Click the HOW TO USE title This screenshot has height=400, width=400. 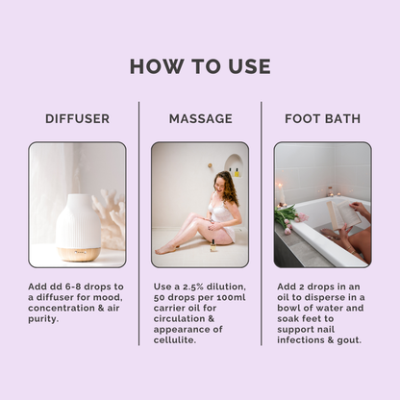(200, 66)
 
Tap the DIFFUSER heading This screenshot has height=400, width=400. (77, 118)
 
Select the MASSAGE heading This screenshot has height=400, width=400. (201, 118)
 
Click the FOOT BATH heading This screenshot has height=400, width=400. (323, 118)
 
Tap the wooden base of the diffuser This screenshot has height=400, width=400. (78, 254)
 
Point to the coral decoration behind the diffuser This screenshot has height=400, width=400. (111, 218)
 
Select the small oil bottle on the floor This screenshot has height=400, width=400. (212, 245)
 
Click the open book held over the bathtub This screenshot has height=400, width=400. (343, 214)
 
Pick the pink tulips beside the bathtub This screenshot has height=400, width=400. (290, 218)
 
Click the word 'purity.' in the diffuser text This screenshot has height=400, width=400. (43, 319)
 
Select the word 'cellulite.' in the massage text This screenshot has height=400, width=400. (175, 340)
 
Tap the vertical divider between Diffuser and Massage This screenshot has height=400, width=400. (138, 224)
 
